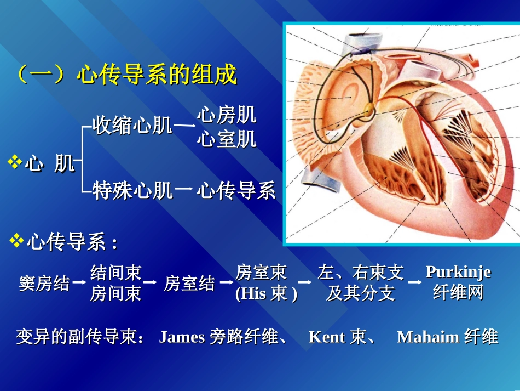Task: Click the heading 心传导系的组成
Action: click(x=156, y=75)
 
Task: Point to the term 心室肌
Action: click(x=227, y=139)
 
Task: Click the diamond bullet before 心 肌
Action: click(x=15, y=162)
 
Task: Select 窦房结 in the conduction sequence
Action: click(x=44, y=284)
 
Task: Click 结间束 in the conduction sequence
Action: click(x=116, y=272)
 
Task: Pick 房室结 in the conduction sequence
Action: click(x=189, y=284)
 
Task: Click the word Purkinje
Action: click(x=458, y=272)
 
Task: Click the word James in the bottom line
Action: click(x=182, y=337)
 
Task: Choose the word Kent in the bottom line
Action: click(x=327, y=337)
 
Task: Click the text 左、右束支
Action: click(x=361, y=272)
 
